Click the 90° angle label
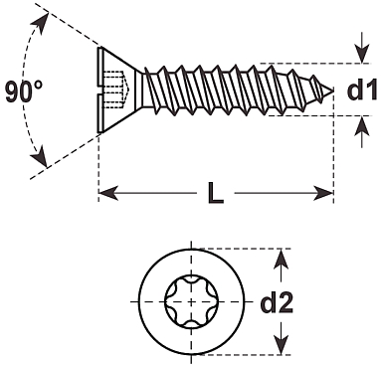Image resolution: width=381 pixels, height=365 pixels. click(x=24, y=91)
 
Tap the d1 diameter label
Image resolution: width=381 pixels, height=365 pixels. click(x=362, y=90)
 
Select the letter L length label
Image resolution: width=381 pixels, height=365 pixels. click(x=216, y=193)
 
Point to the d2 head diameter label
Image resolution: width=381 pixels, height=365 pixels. click(x=277, y=302)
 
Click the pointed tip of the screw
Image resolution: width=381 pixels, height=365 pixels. click(x=332, y=91)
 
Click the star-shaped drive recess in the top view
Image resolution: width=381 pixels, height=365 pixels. click(x=191, y=301)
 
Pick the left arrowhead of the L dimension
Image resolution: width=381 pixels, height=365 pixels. click(x=108, y=193)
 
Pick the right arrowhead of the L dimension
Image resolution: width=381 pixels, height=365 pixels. click(x=323, y=193)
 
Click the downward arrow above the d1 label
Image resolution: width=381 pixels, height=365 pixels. click(x=362, y=48)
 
